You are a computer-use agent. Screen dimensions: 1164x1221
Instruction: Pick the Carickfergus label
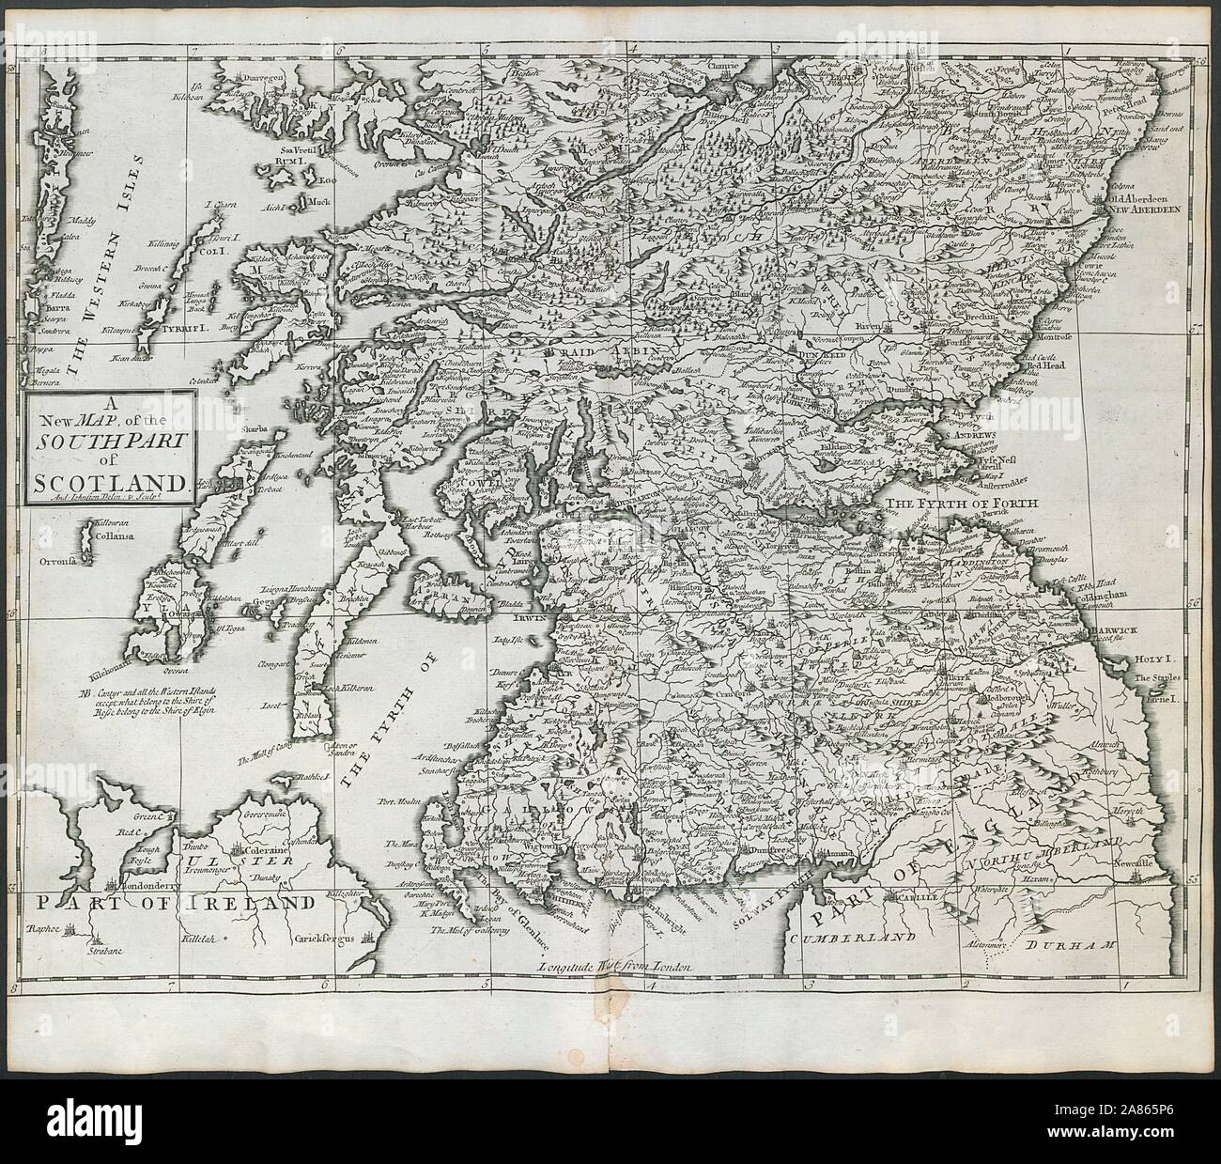334,938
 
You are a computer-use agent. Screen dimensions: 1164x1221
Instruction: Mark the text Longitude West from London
615,967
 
